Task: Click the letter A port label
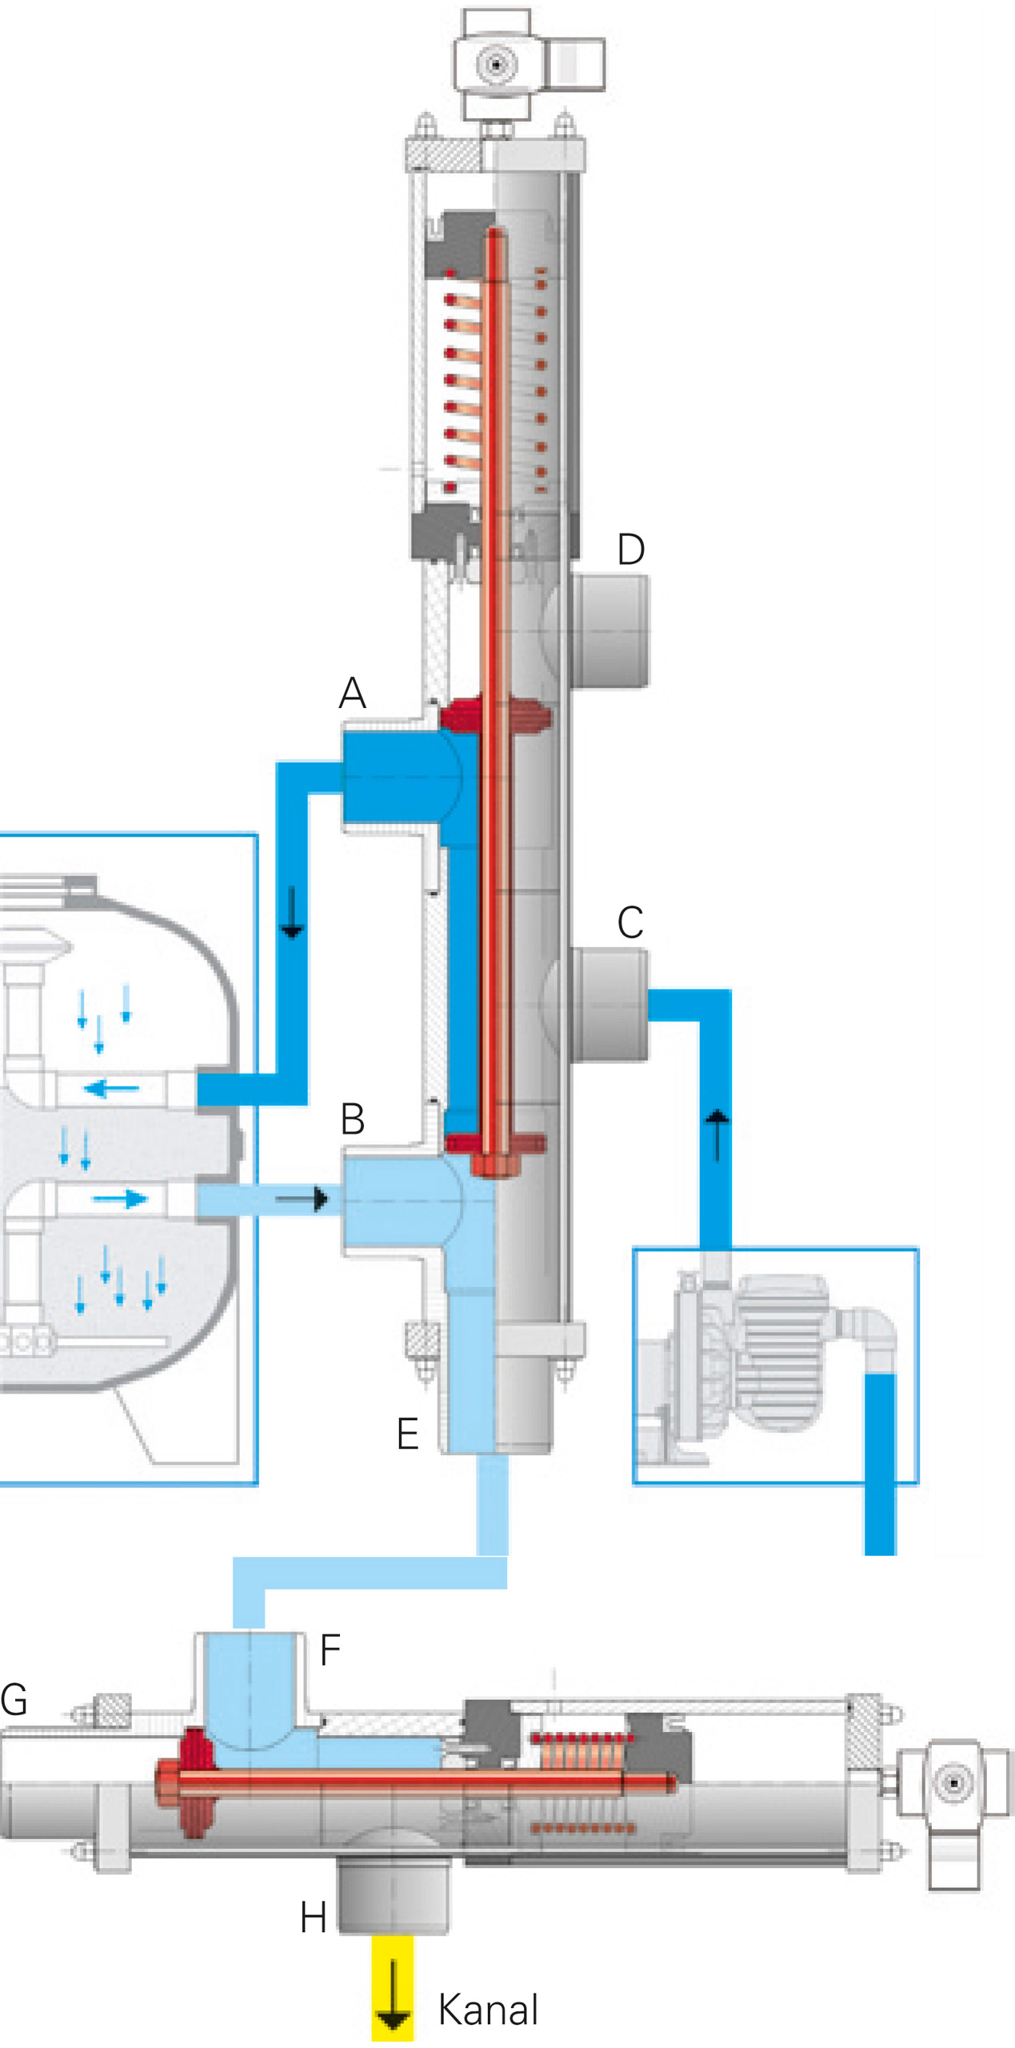[x=352, y=693]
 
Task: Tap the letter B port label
[x=353, y=1119]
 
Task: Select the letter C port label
[x=630, y=922]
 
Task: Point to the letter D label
[x=631, y=550]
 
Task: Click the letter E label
[x=407, y=1433]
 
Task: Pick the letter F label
[x=330, y=1650]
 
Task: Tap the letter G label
[x=14, y=1699]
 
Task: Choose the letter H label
[x=313, y=1918]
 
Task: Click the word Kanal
[x=488, y=2010]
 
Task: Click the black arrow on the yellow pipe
[x=393, y=1998]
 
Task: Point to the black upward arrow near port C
[x=717, y=1134]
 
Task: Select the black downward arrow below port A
[x=292, y=912]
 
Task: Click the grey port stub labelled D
[x=609, y=631]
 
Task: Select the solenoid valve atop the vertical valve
[x=528, y=64]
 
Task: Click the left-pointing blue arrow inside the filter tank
[x=111, y=1088]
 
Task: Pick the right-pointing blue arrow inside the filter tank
[x=120, y=1198]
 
